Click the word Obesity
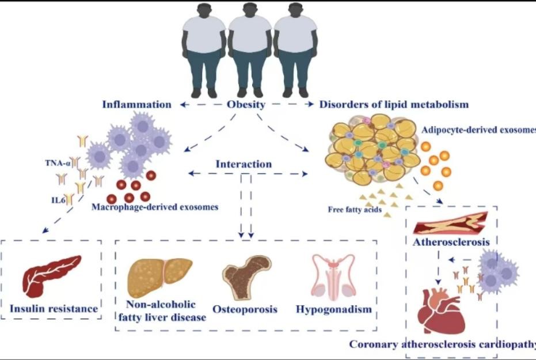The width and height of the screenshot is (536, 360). pos(245,105)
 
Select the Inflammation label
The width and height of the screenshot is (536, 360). pos(136,105)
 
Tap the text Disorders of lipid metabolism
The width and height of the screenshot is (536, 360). pos(394,105)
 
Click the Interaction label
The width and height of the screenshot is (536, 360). pos(244,164)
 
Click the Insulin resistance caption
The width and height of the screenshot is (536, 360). pos(54,309)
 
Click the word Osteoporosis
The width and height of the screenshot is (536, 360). pos(245,309)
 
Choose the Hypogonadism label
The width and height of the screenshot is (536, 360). pos(333,309)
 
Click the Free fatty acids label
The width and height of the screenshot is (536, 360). pos(355,210)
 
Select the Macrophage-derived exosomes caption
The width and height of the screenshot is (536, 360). pos(155,206)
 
